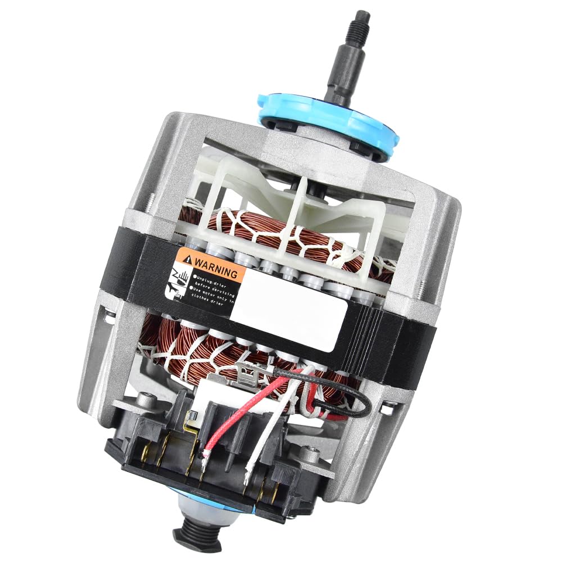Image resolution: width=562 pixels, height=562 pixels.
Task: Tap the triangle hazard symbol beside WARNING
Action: coord(186,260)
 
